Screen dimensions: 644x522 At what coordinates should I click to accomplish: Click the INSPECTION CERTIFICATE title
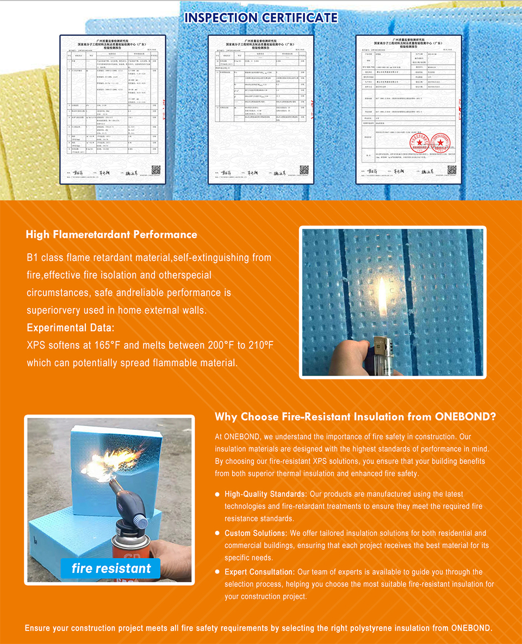pyautogui.click(x=261, y=17)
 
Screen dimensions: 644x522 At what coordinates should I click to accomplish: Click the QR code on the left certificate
pyautogui.click(x=156, y=170)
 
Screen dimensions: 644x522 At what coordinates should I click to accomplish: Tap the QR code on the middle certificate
pyautogui.click(x=304, y=170)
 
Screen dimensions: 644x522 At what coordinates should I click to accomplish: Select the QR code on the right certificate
pyautogui.click(x=452, y=170)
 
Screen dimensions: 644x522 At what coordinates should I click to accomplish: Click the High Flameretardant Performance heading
pyautogui.click(x=111, y=235)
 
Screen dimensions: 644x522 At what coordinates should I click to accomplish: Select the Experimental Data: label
pyautogui.click(x=71, y=328)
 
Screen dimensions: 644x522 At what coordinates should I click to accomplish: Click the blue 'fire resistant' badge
pyautogui.click(x=111, y=568)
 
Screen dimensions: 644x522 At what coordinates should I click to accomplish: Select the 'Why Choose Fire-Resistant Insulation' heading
pyautogui.click(x=355, y=417)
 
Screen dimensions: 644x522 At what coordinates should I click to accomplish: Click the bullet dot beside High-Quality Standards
pyautogui.click(x=217, y=495)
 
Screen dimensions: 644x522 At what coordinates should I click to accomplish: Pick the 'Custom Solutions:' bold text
pyautogui.click(x=256, y=533)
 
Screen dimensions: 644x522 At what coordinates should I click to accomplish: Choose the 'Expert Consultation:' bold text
pyautogui.click(x=259, y=572)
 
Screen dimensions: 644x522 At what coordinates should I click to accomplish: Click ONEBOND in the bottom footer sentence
pyautogui.click(x=471, y=628)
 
